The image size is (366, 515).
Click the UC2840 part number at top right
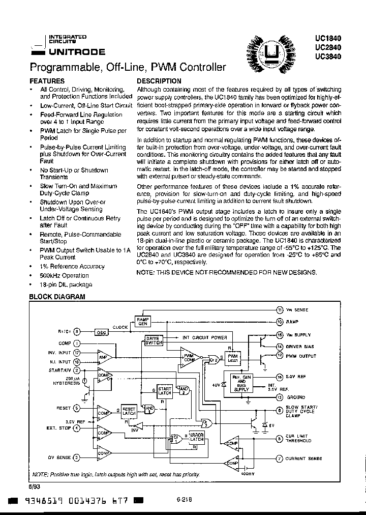328,47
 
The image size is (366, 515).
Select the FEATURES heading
47,81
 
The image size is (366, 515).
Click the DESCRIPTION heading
159,81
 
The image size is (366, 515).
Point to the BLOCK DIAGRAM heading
57,297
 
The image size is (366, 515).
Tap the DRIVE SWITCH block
153,341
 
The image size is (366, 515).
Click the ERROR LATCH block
196,436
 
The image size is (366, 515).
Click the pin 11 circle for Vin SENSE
280,310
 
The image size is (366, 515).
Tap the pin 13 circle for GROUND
280,397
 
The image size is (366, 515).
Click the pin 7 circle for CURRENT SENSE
280,459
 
